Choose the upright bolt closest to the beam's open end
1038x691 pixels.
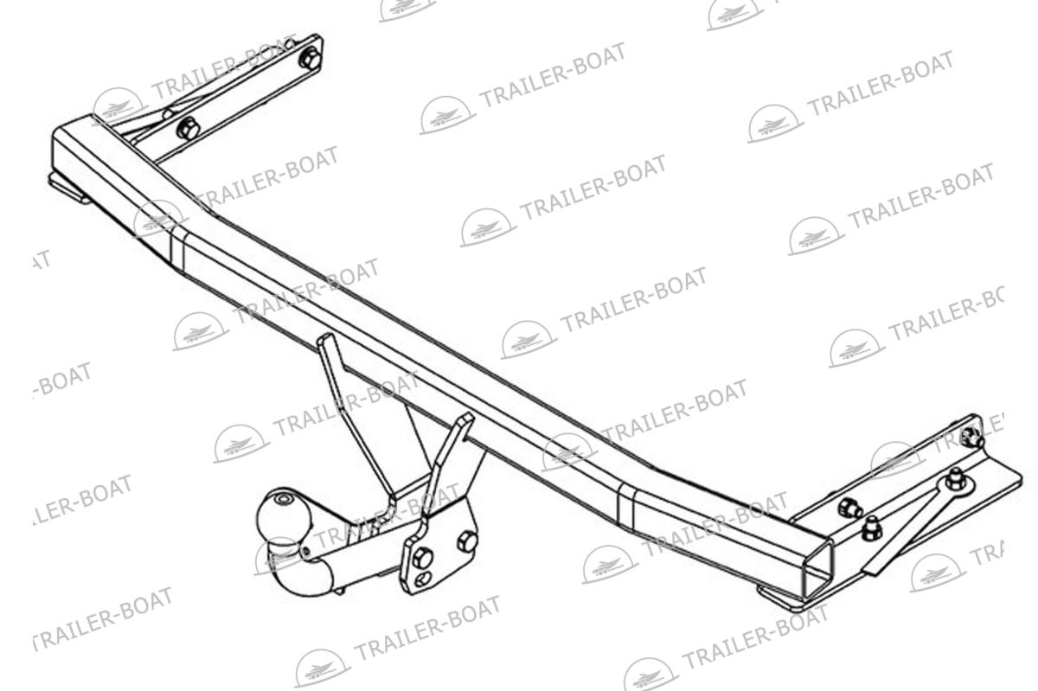pyautogui.click(x=872, y=528)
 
